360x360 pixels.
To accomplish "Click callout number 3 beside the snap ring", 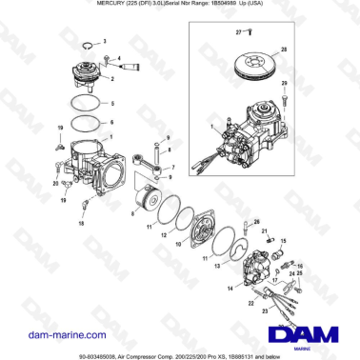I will (106, 43).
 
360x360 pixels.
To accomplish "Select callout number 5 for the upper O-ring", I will (111, 102).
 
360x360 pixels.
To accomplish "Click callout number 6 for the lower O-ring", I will (111, 122).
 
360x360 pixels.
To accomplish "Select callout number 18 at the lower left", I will (82, 225).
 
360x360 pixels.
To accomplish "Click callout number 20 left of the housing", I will (54, 181).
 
